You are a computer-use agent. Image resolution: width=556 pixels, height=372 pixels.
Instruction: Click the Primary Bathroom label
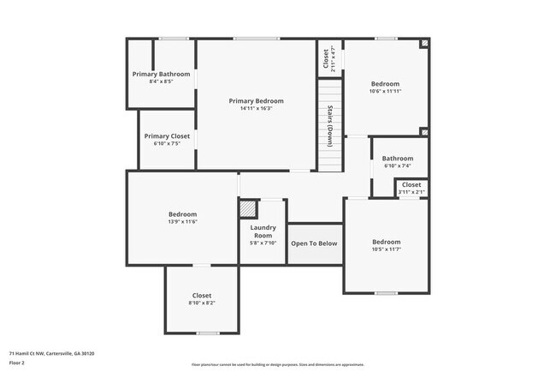(x=161, y=75)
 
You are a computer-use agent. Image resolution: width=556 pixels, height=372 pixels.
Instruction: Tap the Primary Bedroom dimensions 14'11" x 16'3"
(x=256, y=109)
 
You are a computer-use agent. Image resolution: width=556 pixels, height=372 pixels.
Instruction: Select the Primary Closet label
(x=167, y=136)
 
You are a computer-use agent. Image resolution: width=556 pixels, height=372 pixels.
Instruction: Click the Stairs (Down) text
(x=330, y=124)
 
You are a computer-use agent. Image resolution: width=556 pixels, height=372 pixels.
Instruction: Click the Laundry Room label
(x=263, y=231)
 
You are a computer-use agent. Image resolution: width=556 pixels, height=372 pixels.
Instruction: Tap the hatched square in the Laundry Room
(x=247, y=208)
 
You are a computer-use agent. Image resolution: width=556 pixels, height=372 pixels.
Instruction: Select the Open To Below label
(x=314, y=243)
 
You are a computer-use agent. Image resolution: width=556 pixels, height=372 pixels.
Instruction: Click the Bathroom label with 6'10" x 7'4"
(x=398, y=159)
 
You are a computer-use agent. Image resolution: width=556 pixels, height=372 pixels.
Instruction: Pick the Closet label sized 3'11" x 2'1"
(x=411, y=184)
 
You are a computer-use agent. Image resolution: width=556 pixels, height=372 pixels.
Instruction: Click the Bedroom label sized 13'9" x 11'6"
(x=182, y=214)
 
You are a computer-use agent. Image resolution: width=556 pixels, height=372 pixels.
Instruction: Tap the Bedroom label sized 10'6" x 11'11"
(x=385, y=83)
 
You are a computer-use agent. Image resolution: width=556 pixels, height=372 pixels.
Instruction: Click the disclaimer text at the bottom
(x=278, y=364)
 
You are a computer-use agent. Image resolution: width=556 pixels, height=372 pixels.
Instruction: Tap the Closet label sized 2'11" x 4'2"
(x=326, y=58)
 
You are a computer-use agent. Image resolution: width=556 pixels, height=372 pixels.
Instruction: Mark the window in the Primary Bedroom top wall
(x=250, y=39)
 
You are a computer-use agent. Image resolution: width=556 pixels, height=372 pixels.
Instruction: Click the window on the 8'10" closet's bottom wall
(x=208, y=333)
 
